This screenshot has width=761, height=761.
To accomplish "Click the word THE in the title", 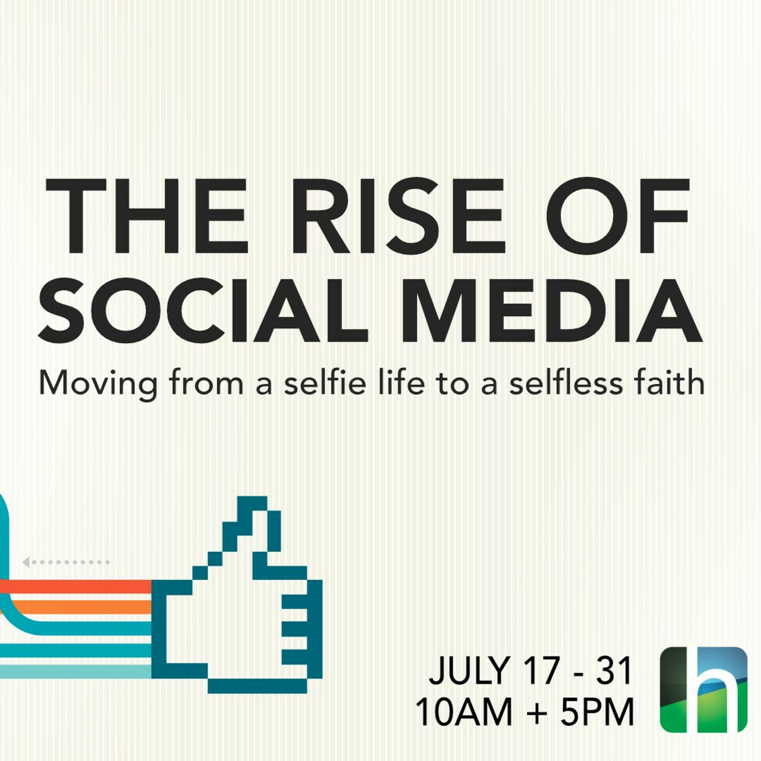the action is (147, 216).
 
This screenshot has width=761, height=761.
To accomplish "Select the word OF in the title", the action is (617, 216).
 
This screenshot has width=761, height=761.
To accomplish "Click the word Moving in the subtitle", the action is (98, 384).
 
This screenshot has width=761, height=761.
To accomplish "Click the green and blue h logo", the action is (703, 689).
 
